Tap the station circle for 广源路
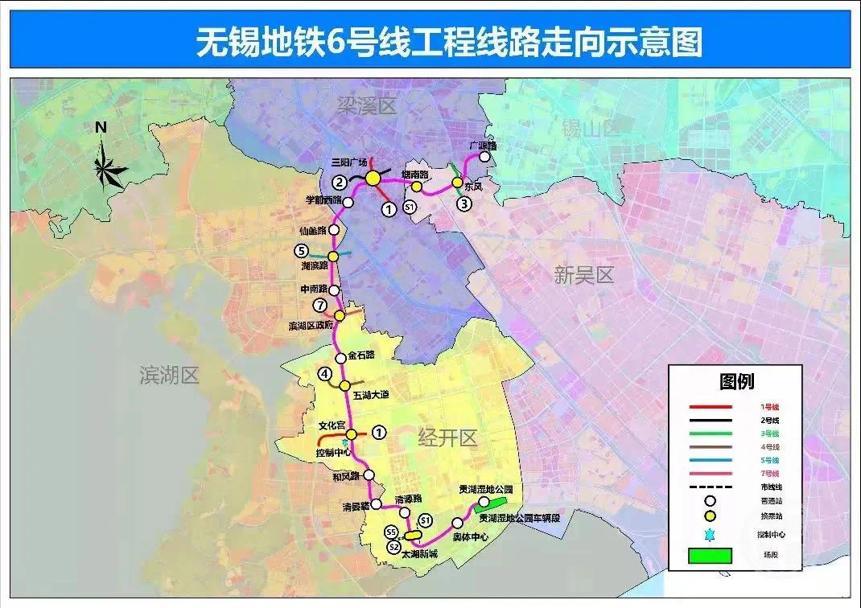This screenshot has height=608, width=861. [484, 158]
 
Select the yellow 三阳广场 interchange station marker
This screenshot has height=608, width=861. [373, 179]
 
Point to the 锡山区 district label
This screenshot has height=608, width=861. [590, 127]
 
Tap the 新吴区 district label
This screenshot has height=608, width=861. [583, 275]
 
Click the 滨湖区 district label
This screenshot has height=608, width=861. [168, 375]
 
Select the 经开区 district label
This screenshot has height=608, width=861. [447, 438]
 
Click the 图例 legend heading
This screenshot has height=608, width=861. [735, 381]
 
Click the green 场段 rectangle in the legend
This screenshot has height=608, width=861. [711, 555]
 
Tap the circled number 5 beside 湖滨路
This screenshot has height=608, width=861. [302, 250]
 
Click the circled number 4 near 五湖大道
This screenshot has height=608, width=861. [324, 373]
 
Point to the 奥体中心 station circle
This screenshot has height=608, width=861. [457, 523]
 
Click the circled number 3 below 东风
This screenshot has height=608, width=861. [464, 203]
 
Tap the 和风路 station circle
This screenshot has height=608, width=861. [369, 474]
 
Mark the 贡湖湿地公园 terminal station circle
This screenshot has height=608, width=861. [484, 501]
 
